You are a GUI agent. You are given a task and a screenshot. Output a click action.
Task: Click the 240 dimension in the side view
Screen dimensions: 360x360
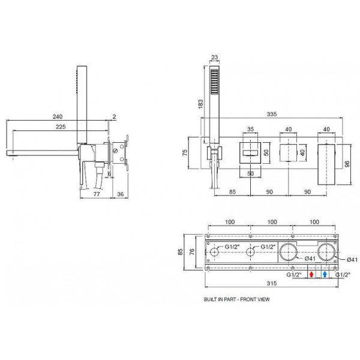[58, 117]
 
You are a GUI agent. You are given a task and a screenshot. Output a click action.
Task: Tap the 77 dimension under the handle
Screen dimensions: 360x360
[96, 194]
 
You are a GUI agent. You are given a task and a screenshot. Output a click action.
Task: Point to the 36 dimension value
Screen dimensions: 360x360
[119, 194]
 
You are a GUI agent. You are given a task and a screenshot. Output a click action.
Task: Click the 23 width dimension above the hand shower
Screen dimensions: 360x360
[215, 59]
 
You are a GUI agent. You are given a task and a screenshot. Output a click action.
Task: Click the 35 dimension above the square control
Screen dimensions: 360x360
[251, 128]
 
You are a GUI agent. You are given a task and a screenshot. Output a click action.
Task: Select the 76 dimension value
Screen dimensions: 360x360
[191, 253]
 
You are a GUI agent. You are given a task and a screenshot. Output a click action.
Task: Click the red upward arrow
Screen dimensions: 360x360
[311, 274]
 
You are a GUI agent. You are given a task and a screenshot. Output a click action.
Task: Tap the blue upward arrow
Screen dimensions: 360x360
[325, 274]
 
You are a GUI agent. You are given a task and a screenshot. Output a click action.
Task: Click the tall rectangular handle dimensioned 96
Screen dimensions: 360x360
[329, 164]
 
